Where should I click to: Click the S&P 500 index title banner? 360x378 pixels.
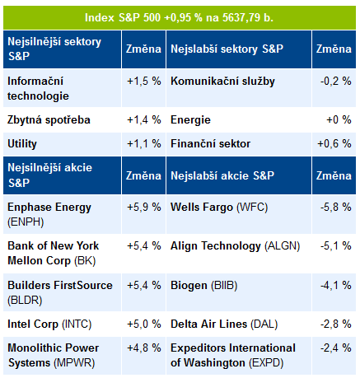[x=180, y=17]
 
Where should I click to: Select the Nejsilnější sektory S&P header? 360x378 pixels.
[x=54, y=49]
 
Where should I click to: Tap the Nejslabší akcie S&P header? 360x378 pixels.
[x=222, y=175]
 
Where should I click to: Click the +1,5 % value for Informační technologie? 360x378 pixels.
[x=144, y=82]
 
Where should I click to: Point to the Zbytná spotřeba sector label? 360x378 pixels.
[x=49, y=120]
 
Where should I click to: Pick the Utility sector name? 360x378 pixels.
[x=22, y=144]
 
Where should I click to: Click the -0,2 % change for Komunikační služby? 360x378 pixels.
[x=336, y=82]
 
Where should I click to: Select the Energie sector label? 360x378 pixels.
[x=190, y=120]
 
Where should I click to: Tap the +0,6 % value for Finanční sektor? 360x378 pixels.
[x=334, y=144]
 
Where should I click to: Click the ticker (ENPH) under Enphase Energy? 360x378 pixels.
[x=26, y=222]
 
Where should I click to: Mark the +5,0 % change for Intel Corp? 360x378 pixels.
[x=144, y=324]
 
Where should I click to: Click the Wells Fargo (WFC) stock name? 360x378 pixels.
[x=219, y=208]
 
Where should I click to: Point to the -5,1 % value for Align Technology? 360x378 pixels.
[x=336, y=245]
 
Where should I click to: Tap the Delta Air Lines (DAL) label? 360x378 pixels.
[x=224, y=324]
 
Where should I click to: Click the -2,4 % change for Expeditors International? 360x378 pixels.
[x=336, y=348]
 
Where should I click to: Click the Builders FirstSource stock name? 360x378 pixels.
[x=60, y=286]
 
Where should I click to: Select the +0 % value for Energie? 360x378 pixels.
[x=339, y=120]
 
